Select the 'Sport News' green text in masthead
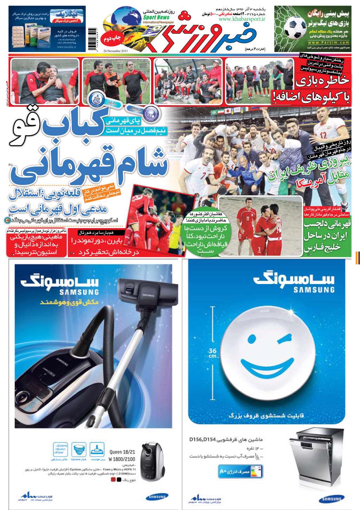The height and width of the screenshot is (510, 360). [156, 17]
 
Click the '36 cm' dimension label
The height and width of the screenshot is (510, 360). [212, 353]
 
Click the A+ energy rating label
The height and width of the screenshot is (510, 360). [240, 471]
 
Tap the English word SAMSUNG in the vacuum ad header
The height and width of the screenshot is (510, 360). [79, 292]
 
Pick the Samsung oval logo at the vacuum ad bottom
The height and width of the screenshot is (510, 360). [157, 497]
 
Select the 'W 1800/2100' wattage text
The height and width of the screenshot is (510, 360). [122, 459]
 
